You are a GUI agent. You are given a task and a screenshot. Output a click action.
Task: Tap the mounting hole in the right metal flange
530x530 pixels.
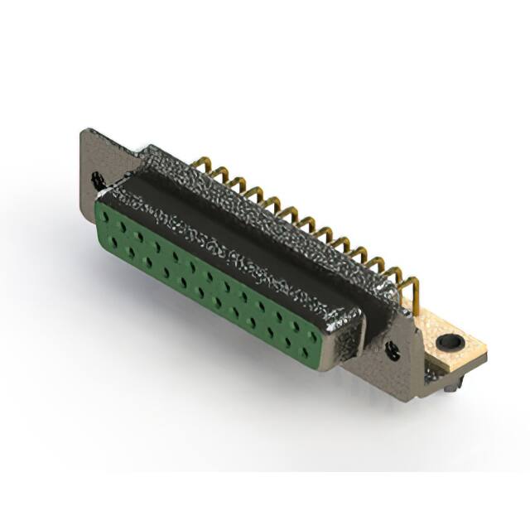point(393,352)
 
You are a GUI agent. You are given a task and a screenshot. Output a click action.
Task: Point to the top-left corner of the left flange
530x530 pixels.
point(83,131)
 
